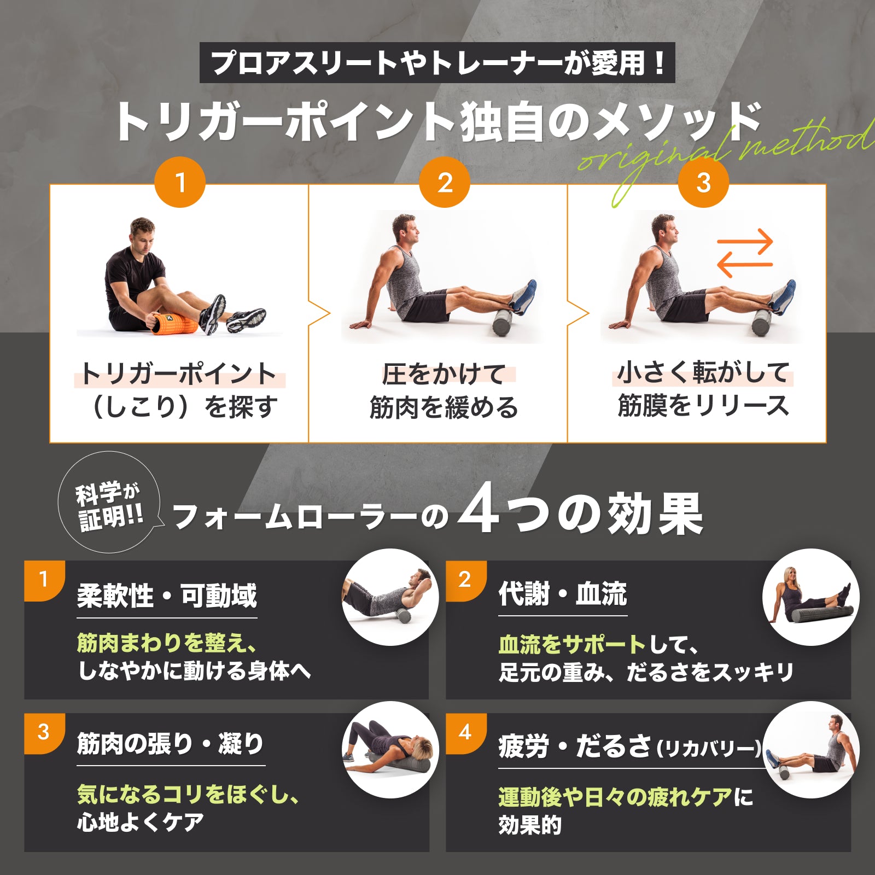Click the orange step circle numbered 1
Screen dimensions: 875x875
tap(180, 182)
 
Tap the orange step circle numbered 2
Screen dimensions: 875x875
tap(445, 182)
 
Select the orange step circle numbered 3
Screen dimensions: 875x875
tap(703, 182)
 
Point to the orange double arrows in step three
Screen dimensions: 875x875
tap(745, 253)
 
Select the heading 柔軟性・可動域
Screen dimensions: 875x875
tap(167, 596)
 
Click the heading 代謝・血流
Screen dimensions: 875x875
tap(563, 593)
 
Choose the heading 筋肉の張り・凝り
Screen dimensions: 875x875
tap(171, 744)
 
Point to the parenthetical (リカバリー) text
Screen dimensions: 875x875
tap(709, 748)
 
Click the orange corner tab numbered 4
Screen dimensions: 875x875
tap(465, 733)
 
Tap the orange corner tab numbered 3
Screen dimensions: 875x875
tap(44, 733)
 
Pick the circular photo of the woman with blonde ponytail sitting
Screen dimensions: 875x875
tap(811, 597)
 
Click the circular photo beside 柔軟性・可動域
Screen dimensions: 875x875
tap(390, 597)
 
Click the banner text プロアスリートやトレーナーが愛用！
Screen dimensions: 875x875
tap(437, 63)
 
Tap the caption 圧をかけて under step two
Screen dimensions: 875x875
tap(444, 375)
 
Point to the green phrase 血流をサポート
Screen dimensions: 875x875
tap(572, 645)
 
